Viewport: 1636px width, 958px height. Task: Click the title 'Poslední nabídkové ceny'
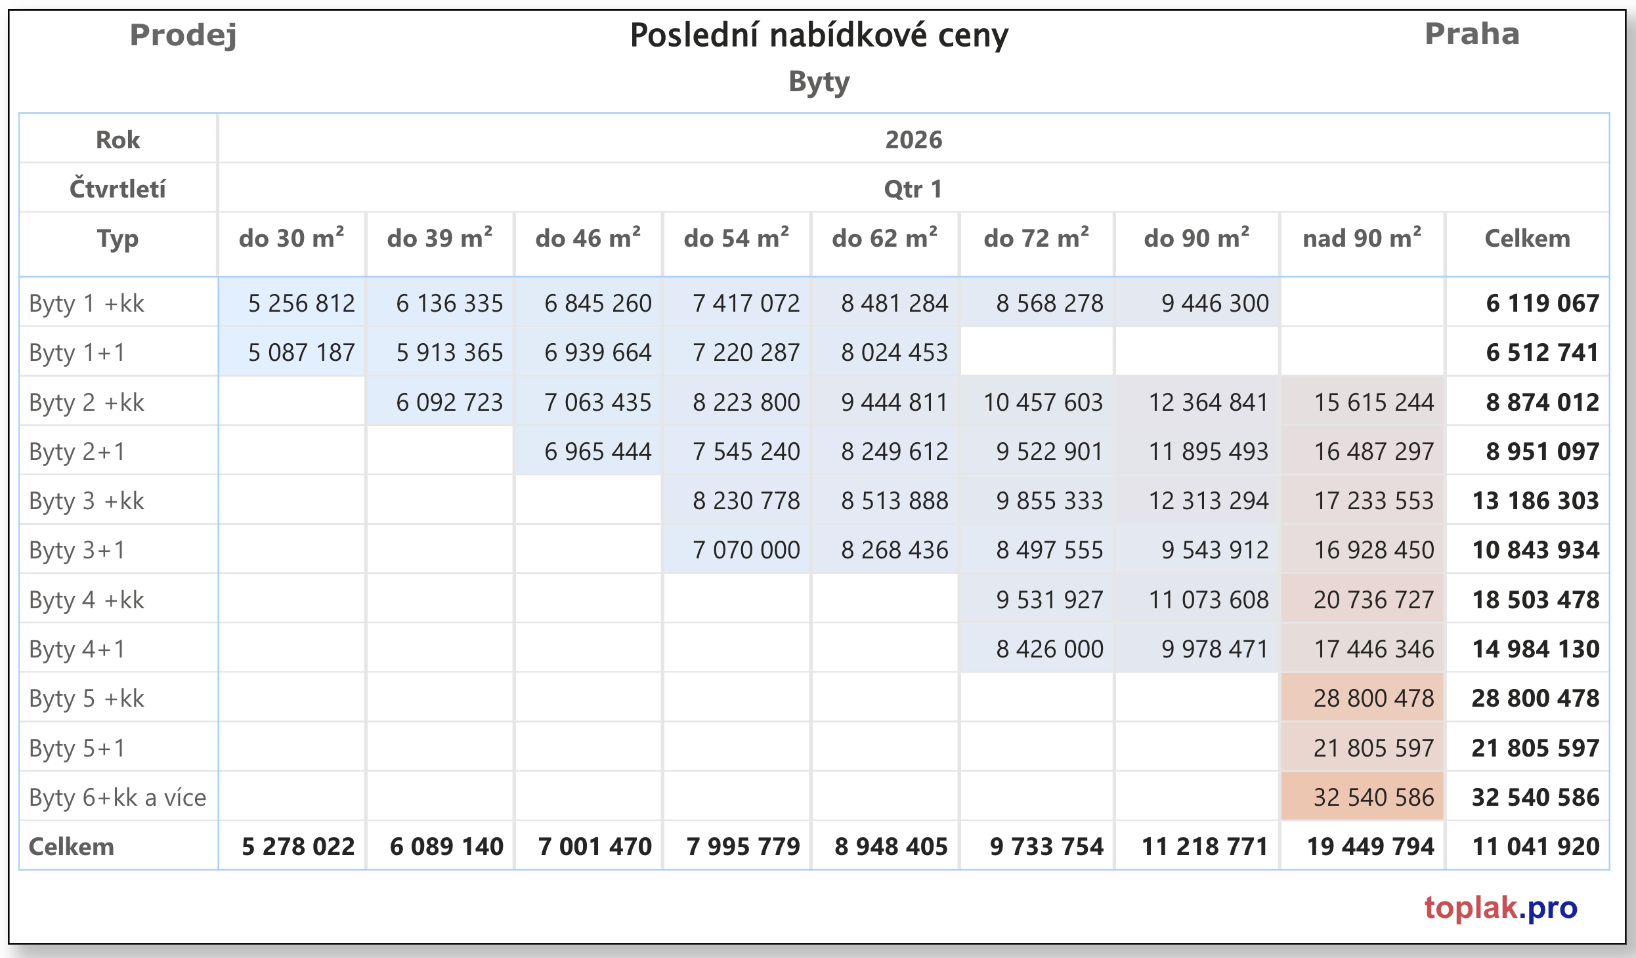(x=819, y=35)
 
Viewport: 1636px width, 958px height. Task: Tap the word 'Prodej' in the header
(x=183, y=35)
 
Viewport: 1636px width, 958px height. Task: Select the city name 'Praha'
(x=1472, y=34)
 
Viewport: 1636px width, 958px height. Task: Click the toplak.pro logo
(x=1500, y=908)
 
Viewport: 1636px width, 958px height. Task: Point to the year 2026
(x=913, y=140)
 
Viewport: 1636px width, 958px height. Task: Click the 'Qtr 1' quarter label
(x=913, y=189)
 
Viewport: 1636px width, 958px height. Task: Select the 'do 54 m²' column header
(x=736, y=238)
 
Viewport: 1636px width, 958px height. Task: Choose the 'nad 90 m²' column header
(x=1362, y=238)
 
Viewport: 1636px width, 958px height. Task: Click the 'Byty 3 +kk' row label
(x=87, y=501)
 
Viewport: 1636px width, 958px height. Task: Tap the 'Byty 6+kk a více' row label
(x=118, y=797)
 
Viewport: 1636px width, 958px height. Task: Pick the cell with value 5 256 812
(x=301, y=303)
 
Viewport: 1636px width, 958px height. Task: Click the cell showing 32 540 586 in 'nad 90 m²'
(x=1373, y=797)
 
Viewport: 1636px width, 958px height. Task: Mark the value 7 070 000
(x=746, y=550)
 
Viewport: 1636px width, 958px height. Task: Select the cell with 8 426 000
(x=1049, y=649)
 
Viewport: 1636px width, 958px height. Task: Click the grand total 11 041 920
(x=1536, y=846)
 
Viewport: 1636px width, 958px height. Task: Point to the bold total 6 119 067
(x=1542, y=303)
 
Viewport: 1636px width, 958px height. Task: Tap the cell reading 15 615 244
(x=1373, y=402)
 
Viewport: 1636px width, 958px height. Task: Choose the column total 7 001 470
(x=595, y=846)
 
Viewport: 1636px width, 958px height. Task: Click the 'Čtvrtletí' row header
(x=118, y=189)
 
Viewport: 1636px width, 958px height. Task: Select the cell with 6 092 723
(x=449, y=402)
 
